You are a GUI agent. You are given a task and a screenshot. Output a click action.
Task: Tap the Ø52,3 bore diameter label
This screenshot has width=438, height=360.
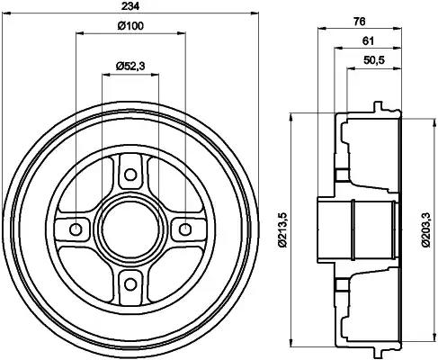(x=131, y=65)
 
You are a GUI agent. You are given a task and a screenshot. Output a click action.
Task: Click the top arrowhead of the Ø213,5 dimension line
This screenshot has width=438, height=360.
(x=293, y=115)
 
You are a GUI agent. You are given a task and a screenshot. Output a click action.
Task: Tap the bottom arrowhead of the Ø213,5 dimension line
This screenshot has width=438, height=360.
(x=293, y=342)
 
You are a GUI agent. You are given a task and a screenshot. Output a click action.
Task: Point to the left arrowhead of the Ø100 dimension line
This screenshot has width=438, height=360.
(x=78, y=34)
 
